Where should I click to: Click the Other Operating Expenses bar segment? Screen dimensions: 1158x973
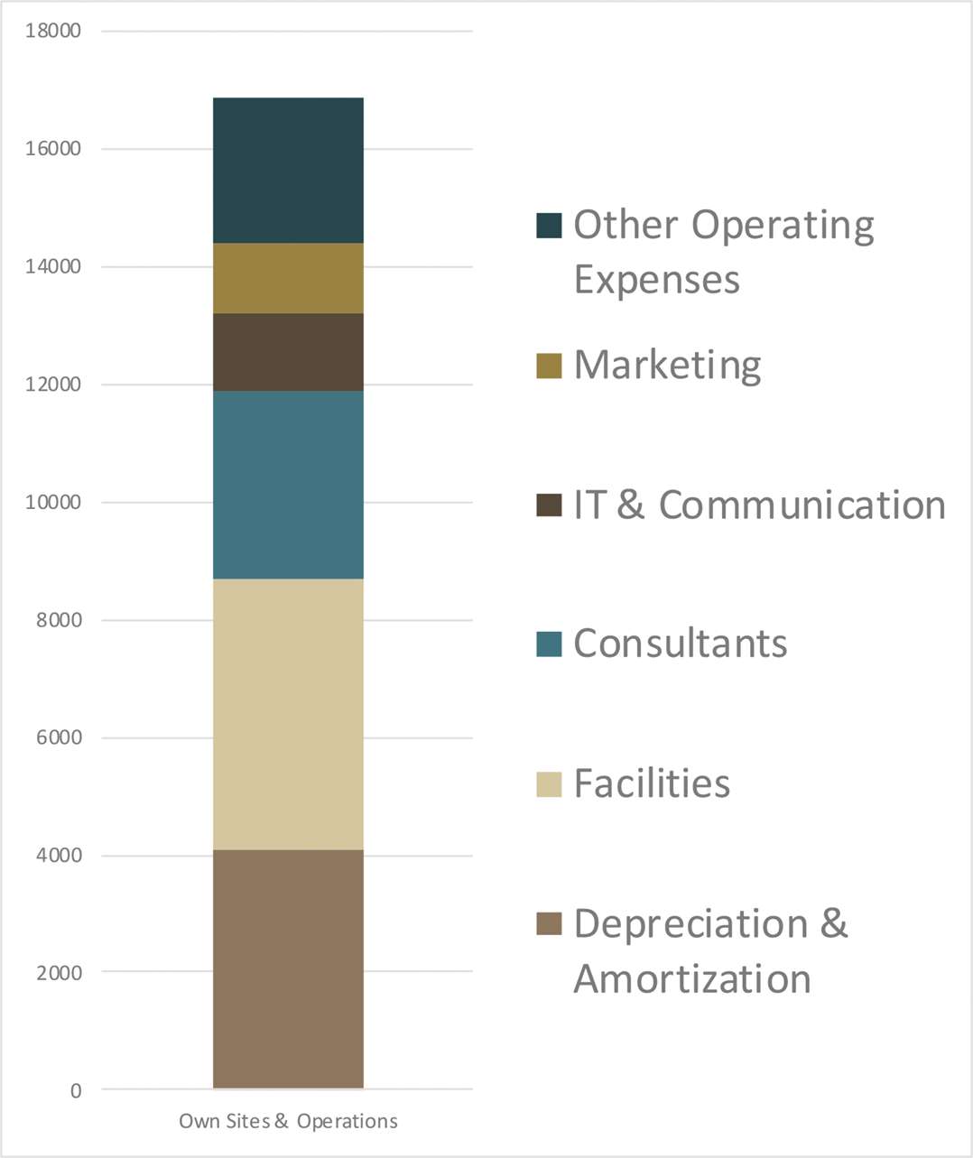click(288, 171)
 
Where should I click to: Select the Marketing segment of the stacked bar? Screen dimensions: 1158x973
click(288, 278)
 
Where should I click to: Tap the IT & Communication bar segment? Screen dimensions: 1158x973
click(288, 352)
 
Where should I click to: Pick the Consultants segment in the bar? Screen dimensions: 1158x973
click(288, 485)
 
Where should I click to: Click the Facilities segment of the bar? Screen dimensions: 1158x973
click(288, 714)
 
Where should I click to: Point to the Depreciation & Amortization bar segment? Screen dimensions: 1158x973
click(288, 968)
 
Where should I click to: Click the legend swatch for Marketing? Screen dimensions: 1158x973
click(549, 366)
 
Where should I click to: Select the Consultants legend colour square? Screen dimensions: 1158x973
click(549, 644)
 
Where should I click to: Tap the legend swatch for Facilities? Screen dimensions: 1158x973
click(549, 783)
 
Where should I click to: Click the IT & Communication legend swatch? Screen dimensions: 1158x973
click(549, 505)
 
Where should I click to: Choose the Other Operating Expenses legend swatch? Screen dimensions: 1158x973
click(549, 226)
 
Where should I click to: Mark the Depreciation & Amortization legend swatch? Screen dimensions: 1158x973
click(549, 923)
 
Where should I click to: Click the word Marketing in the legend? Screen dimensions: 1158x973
click(667, 366)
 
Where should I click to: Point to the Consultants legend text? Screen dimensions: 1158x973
click(680, 644)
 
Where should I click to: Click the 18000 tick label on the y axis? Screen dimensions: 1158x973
click(53, 31)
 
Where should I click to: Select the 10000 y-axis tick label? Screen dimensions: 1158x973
click(53, 502)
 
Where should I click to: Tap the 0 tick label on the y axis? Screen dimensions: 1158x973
click(76, 1090)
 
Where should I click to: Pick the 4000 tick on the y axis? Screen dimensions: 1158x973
click(59, 855)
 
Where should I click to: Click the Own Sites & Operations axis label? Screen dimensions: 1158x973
click(288, 1121)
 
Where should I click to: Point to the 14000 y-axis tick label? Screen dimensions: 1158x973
click(53, 266)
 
